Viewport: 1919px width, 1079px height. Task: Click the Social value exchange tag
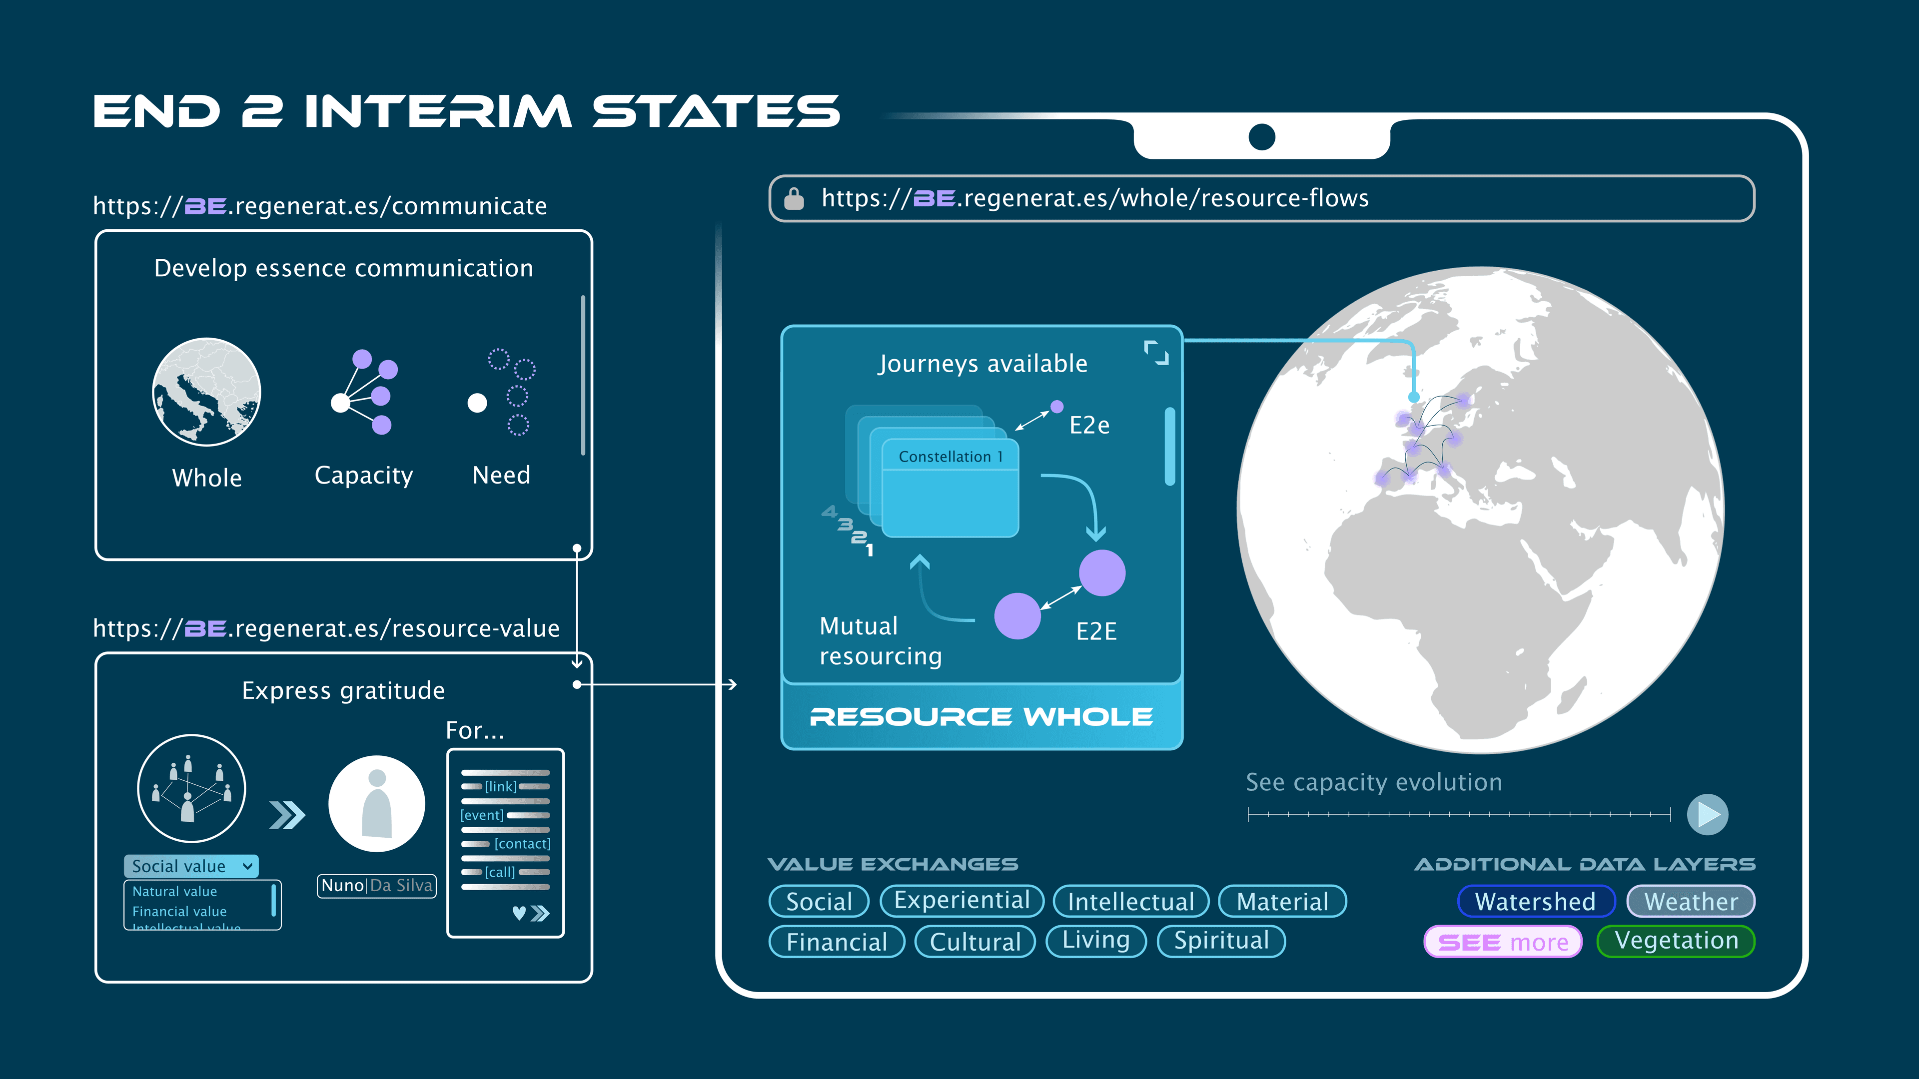[819, 901]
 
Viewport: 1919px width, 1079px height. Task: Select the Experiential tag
[961, 901]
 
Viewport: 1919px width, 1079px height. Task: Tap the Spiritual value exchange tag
[1221, 941]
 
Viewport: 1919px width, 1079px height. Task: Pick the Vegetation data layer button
[1676, 941]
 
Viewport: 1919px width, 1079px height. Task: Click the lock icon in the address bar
[794, 199]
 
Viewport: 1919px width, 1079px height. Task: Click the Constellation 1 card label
[951, 457]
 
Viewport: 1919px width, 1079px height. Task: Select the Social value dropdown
[191, 866]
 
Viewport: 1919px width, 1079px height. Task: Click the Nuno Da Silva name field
[377, 885]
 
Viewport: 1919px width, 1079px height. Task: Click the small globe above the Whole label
[206, 392]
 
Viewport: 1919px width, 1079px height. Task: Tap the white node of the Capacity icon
[340, 403]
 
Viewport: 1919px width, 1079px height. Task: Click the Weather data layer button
[1691, 901]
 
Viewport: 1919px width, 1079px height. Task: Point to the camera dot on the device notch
[1262, 137]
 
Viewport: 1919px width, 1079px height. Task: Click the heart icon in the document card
[519, 913]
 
